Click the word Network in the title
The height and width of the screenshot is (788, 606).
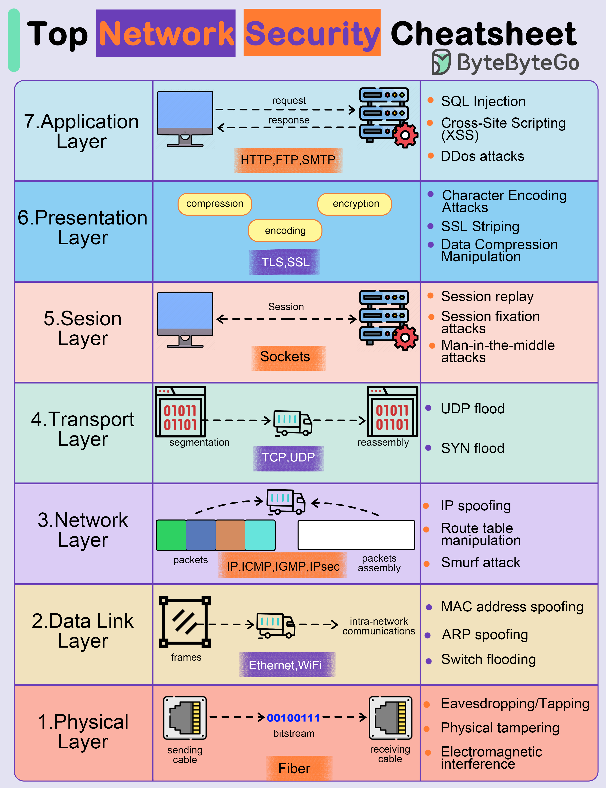[166, 34]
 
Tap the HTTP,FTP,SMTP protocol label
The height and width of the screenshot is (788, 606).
[288, 160]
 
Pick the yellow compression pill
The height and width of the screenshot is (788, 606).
[215, 204]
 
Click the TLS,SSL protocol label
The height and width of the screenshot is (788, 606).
[285, 262]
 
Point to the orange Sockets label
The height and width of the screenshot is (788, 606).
[285, 357]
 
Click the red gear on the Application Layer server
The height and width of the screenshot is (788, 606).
[405, 135]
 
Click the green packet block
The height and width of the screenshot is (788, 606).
[171, 535]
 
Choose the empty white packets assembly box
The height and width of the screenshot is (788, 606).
[356, 535]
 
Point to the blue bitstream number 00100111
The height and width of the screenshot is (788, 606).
[293, 718]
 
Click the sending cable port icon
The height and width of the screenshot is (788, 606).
[185, 718]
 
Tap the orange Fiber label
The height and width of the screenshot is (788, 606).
[294, 768]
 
